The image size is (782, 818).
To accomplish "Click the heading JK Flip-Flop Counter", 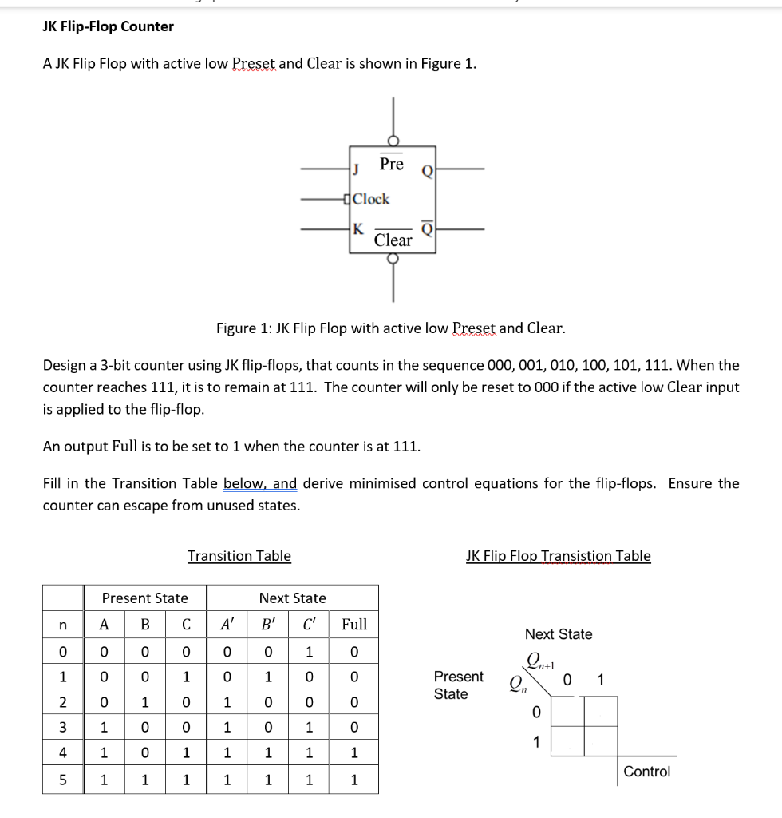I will point(108,26).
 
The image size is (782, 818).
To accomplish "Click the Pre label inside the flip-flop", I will point(391,164).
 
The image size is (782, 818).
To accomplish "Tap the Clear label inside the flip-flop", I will point(393,240).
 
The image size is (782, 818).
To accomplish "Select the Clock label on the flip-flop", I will point(371,199).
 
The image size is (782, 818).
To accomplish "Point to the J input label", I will point(357,169).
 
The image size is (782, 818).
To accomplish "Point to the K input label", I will point(357,228).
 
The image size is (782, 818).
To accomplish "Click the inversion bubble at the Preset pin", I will point(393,141).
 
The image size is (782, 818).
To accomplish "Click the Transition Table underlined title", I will point(239,556).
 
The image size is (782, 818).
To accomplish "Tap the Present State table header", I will point(145,598).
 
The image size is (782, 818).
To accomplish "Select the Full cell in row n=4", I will point(354,752).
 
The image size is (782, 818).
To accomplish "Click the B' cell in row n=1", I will point(269,677).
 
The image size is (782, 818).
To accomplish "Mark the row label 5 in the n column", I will point(64,780).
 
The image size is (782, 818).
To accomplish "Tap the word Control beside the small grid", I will point(646,772).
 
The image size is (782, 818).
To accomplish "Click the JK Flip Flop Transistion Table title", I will point(558,556).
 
